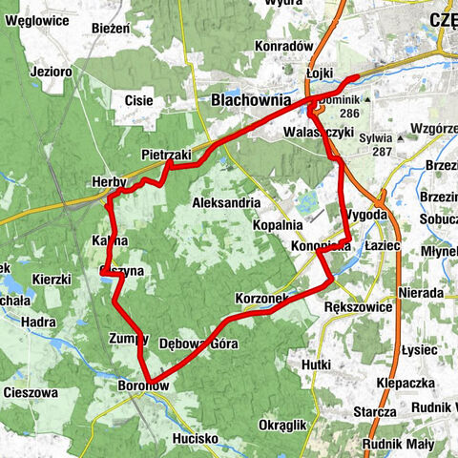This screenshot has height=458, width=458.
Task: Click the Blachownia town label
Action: tap(245, 100)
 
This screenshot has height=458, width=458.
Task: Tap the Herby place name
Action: tap(109, 182)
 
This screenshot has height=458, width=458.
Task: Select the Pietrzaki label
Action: tap(165, 154)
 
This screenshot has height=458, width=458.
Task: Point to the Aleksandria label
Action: tap(226, 203)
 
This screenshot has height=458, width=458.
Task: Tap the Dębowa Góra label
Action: tap(198, 343)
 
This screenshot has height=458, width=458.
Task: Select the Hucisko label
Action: tap(195, 438)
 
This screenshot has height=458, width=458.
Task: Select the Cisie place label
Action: tap(138, 98)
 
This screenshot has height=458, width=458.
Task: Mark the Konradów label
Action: tap(284, 46)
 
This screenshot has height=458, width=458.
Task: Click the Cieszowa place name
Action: tap(31, 392)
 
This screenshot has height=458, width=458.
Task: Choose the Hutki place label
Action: tap(315, 364)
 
